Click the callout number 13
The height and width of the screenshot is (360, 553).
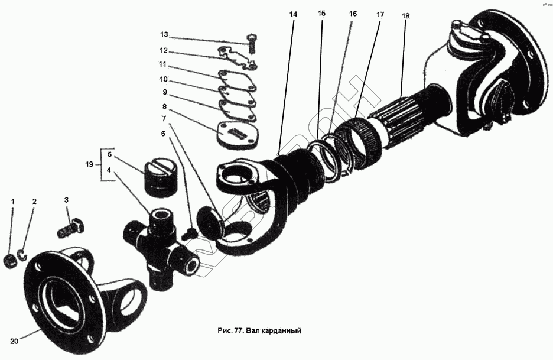click(x=164, y=35)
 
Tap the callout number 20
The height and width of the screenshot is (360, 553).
click(x=14, y=341)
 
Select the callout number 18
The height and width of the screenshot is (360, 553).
click(x=405, y=15)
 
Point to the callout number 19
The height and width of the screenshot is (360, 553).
click(x=89, y=165)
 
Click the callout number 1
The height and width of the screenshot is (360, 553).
click(x=12, y=202)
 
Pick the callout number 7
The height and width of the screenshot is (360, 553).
click(x=164, y=118)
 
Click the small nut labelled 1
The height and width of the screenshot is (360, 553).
click(x=10, y=260)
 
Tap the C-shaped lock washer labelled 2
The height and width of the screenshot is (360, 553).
click(x=22, y=255)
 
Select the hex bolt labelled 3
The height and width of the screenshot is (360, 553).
click(x=71, y=228)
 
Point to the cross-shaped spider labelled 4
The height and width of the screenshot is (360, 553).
click(x=158, y=245)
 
